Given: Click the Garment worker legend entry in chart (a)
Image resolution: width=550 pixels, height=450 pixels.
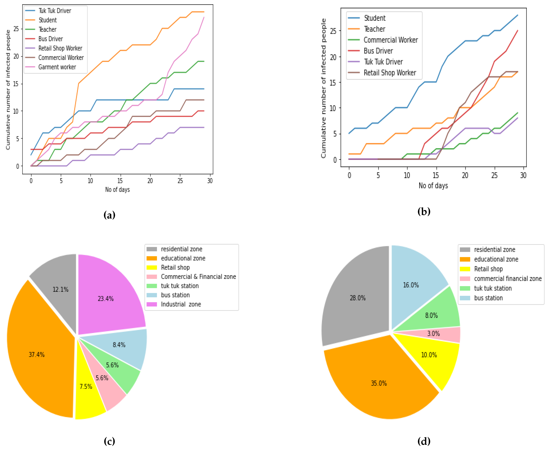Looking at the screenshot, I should [x=57, y=67].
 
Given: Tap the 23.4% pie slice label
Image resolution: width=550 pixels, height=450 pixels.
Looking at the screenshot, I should [x=106, y=299].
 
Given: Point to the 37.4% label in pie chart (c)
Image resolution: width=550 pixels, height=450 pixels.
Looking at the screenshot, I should [x=37, y=355].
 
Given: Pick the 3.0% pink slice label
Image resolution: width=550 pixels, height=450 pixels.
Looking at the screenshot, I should [x=434, y=334].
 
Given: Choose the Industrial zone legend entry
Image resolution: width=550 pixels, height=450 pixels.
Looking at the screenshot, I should [x=181, y=304].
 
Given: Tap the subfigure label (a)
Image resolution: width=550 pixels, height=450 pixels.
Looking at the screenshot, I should [x=109, y=215].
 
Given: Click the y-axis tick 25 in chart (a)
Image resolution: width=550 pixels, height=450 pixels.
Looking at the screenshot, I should [x=16, y=29].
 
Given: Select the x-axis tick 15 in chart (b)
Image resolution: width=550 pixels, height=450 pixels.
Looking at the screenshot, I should [x=436, y=176].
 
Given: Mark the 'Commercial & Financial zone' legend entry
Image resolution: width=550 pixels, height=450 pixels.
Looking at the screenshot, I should [x=198, y=277].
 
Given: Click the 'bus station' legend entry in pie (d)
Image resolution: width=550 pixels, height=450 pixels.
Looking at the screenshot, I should [x=488, y=298].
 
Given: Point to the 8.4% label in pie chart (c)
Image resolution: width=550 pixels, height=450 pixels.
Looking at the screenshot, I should [x=119, y=345].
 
